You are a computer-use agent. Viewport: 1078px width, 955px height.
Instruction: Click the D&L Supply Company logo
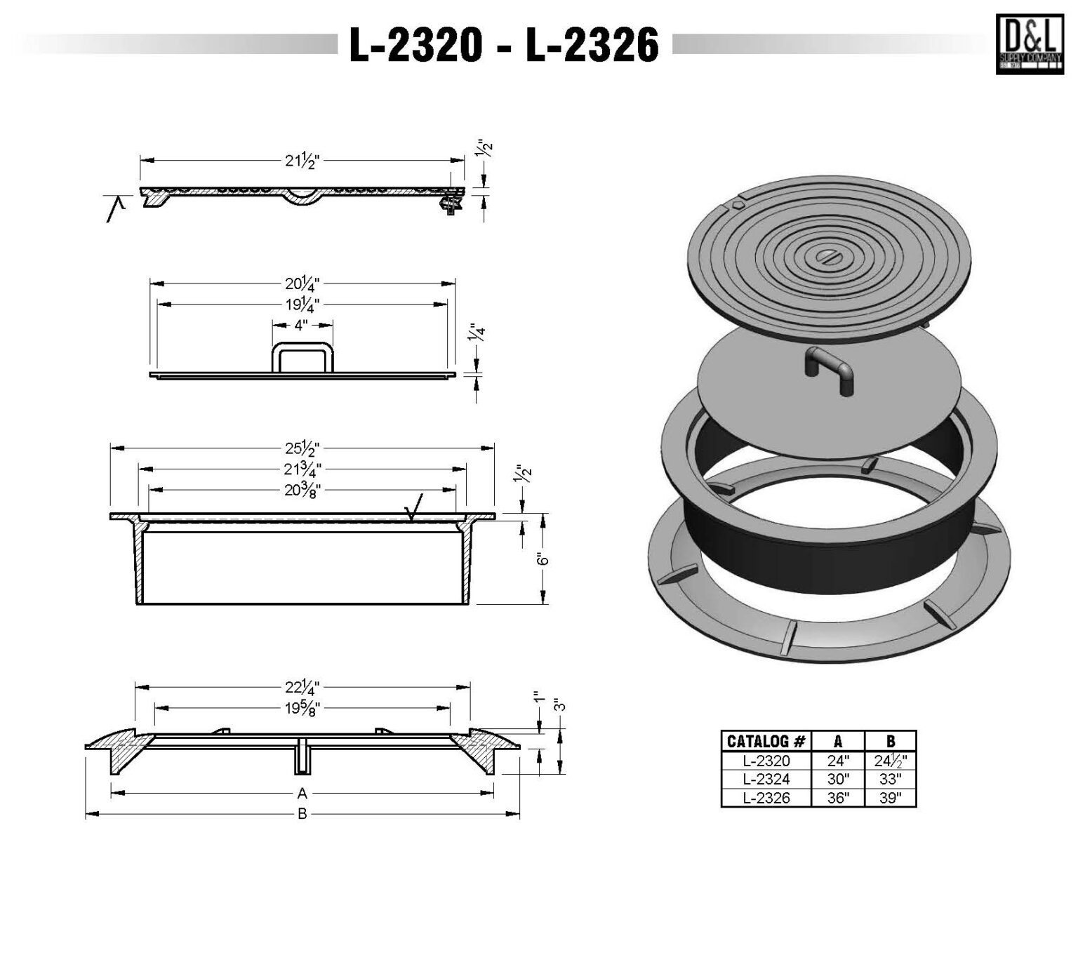click(1029, 44)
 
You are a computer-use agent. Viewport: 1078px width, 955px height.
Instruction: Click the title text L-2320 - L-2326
click(504, 46)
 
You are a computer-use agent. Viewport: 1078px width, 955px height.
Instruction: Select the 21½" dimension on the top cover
click(302, 161)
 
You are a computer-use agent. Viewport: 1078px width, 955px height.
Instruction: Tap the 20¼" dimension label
click(302, 284)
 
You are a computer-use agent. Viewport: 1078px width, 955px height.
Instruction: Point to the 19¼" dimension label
click(302, 305)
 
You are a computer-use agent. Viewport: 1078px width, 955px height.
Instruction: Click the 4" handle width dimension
click(302, 325)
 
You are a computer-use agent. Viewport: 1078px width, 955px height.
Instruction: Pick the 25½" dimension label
click(302, 448)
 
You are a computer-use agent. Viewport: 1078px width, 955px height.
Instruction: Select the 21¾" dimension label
click(302, 469)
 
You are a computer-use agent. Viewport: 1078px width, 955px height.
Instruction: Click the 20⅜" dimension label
click(302, 490)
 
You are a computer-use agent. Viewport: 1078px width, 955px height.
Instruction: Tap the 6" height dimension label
click(541, 559)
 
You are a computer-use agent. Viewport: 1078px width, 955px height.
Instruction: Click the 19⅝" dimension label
click(302, 707)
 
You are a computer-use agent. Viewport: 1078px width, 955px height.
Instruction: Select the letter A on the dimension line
click(302, 794)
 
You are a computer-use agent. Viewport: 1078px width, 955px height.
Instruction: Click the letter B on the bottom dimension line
click(302, 815)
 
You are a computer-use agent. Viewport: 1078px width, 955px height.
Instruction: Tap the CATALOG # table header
click(766, 741)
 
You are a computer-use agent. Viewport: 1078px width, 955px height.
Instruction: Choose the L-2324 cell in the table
click(766, 779)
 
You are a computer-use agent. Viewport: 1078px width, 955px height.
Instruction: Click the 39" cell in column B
click(889, 798)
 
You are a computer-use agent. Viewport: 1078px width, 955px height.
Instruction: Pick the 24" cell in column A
click(838, 761)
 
